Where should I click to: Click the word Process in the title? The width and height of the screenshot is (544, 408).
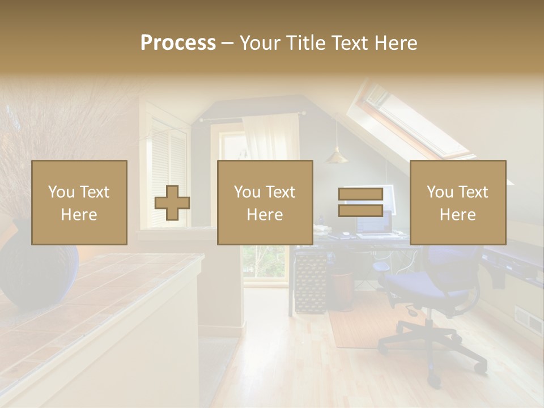tap(178, 43)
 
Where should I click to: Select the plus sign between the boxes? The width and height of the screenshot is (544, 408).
tap(172, 203)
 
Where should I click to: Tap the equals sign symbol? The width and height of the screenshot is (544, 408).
tap(360, 203)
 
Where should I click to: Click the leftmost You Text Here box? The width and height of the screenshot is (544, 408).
tap(79, 202)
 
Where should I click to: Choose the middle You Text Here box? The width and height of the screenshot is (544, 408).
tap(265, 202)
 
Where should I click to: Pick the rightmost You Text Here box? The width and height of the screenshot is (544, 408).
tap(457, 202)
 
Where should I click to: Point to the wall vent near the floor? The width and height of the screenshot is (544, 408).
tap(528, 320)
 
